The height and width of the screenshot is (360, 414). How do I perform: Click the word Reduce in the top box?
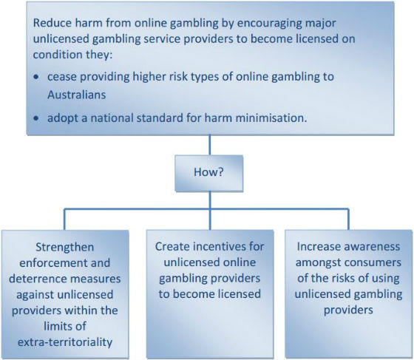tap(52, 23)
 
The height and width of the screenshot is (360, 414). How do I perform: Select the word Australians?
tap(77, 95)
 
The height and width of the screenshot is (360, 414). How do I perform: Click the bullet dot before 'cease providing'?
tap(36, 77)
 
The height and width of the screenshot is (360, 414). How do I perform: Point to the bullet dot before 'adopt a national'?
tap(36, 118)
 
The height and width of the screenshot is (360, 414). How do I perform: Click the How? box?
tap(208, 173)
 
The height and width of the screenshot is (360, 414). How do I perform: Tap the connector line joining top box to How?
tap(210, 145)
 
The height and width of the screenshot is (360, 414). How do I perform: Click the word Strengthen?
tap(65, 248)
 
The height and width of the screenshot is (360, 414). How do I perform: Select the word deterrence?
tap(36, 279)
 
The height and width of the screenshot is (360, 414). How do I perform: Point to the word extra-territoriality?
tap(65, 342)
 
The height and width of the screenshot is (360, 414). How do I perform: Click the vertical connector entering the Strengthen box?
tap(64, 220)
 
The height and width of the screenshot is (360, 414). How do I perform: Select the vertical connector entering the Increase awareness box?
tap(348, 220)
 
